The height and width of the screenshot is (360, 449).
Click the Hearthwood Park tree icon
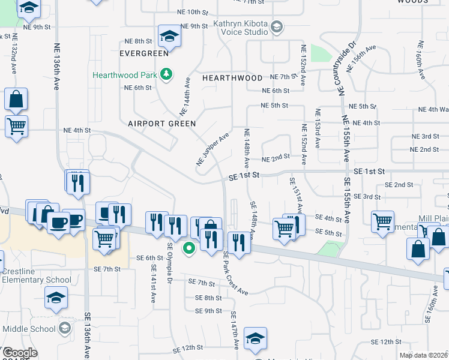click(x=167, y=75)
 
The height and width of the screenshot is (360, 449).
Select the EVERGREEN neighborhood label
click(x=143, y=53)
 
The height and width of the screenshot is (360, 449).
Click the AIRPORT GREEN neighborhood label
click(x=162, y=124)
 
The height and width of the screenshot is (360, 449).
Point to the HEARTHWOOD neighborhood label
click(x=232, y=78)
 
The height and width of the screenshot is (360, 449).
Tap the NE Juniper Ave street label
click(x=212, y=150)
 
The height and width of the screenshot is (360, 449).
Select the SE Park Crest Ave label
click(x=235, y=273)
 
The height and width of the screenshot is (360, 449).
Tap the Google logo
click(x=19, y=353)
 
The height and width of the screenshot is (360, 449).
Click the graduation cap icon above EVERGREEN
click(x=169, y=37)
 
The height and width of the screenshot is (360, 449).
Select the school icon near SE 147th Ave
click(x=255, y=339)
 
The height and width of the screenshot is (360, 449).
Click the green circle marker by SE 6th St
click(x=189, y=247)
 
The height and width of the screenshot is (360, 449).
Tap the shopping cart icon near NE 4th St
click(x=16, y=127)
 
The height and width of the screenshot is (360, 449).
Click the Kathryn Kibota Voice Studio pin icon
click(x=277, y=26)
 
